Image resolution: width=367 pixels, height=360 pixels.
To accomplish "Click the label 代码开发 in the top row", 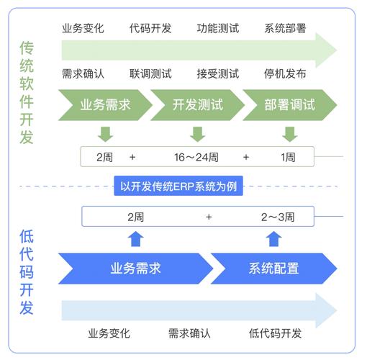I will [x=150, y=29].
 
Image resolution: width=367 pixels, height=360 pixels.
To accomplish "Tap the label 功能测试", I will [x=218, y=29].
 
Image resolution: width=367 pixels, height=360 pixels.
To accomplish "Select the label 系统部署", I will [x=285, y=29].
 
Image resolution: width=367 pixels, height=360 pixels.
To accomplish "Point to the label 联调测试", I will [x=150, y=73].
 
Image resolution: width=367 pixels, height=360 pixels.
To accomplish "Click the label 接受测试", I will [x=218, y=73].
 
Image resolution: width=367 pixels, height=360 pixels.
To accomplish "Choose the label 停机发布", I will [x=285, y=73].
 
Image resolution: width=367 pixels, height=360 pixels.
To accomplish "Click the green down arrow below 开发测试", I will [x=197, y=133].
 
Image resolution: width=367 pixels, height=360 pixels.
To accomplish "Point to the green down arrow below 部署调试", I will [x=289, y=133].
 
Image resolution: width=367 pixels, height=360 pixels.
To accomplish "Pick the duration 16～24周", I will [x=196, y=156].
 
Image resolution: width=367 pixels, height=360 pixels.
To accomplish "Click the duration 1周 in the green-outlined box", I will [x=288, y=156].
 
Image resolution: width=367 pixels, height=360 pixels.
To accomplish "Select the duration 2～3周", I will [x=277, y=216].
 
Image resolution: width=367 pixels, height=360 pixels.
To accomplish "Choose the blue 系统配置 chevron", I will [x=273, y=269].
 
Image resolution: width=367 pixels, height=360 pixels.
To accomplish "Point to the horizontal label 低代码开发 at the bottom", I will [x=275, y=333].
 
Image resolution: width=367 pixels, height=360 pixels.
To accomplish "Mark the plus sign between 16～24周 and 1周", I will [x=246, y=156].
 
